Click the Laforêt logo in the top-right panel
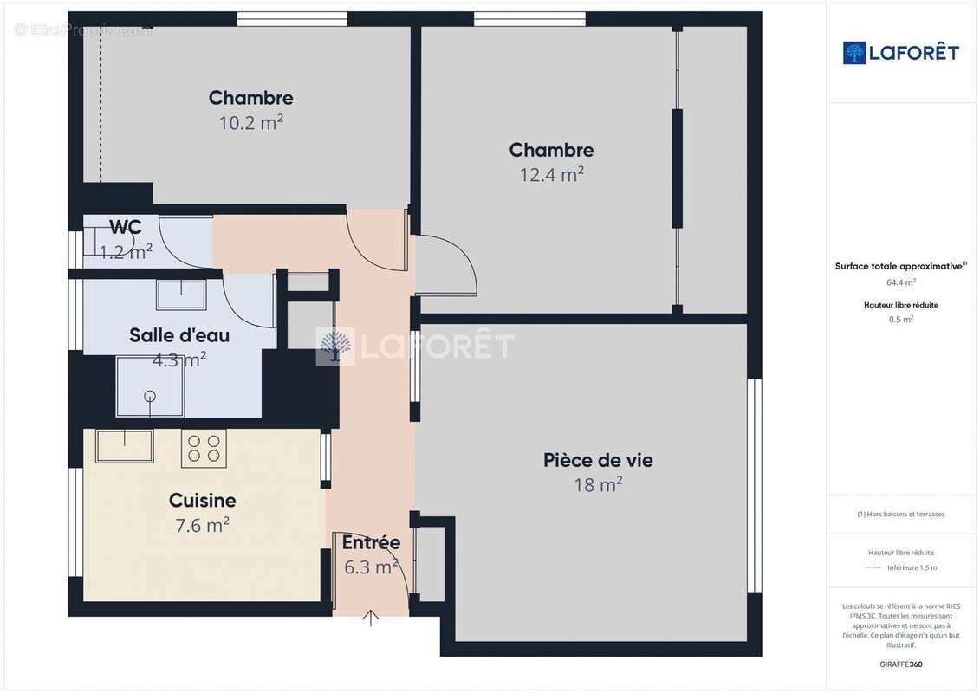[x=901, y=53]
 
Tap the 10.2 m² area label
[x=250, y=122]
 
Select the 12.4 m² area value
[x=551, y=174]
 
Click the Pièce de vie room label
[x=598, y=460]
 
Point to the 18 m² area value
[x=598, y=485]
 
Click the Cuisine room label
[x=202, y=500]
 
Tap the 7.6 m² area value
[x=202, y=525]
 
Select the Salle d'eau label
[x=179, y=334]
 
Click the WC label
[x=126, y=228]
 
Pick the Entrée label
[x=371, y=543]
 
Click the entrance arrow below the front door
[x=371, y=618]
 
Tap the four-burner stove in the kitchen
[x=204, y=448]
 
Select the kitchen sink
[x=124, y=445]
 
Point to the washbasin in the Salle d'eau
[x=181, y=295]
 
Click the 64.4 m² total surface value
[x=901, y=282]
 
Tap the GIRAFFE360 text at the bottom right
[x=901, y=664]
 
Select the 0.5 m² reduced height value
[x=901, y=319]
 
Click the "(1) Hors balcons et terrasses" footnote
[x=901, y=514]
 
